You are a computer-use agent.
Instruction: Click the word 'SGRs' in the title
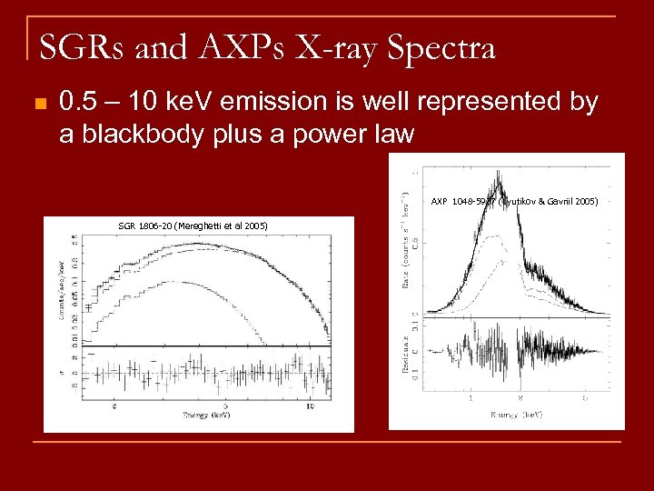coord(81,45)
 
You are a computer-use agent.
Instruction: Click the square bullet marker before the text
coord(36,104)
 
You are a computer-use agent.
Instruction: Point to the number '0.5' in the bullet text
coord(76,103)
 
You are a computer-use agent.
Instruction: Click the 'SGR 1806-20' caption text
coord(144,225)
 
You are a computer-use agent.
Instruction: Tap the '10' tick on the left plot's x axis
coord(311,406)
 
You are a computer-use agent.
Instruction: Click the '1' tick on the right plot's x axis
coord(470,398)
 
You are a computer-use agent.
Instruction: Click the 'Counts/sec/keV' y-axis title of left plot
coord(61,287)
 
